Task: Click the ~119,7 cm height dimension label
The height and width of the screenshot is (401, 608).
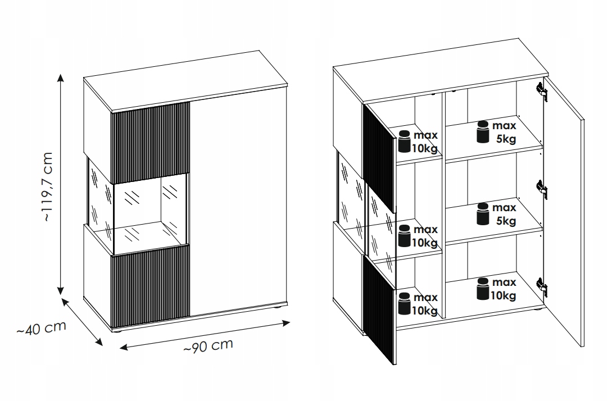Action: (47, 187)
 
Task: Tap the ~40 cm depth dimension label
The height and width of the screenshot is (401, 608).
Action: (41, 329)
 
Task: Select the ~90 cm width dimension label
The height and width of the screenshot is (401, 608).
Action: (208, 346)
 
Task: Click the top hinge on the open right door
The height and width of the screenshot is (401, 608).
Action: (542, 92)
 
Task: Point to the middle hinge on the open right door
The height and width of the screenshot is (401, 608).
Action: (542, 190)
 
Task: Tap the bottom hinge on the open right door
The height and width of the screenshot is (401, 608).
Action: (542, 286)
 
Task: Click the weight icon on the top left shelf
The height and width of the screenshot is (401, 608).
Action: (405, 142)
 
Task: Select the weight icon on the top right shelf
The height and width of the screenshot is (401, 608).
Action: (483, 132)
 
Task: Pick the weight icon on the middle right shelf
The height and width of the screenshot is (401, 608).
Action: (483, 213)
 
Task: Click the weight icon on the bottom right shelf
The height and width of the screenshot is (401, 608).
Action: (483, 289)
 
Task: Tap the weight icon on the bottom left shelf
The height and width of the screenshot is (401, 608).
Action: (405, 303)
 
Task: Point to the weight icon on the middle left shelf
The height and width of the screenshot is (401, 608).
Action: (405, 236)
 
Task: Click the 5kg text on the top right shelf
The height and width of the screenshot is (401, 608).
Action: (506, 139)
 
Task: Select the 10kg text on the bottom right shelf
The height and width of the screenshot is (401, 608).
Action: (503, 295)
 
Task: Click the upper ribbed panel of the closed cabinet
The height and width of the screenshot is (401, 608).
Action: (151, 143)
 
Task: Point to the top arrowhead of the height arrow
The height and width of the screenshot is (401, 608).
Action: (60, 78)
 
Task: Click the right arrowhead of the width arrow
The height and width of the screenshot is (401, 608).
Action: (285, 323)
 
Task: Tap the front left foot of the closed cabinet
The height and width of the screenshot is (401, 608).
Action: (117, 330)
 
